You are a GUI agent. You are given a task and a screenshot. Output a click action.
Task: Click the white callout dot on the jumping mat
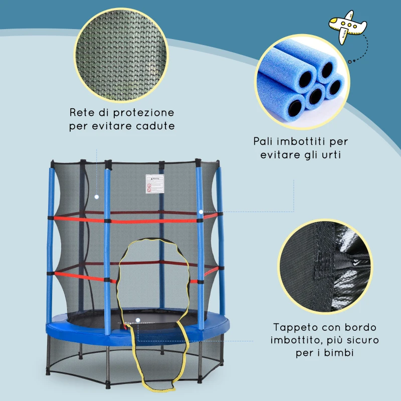tap(138, 319)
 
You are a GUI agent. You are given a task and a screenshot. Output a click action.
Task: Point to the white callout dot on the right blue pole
tap(200, 212)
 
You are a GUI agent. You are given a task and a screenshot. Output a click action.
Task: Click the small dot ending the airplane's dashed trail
tap(350, 61)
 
